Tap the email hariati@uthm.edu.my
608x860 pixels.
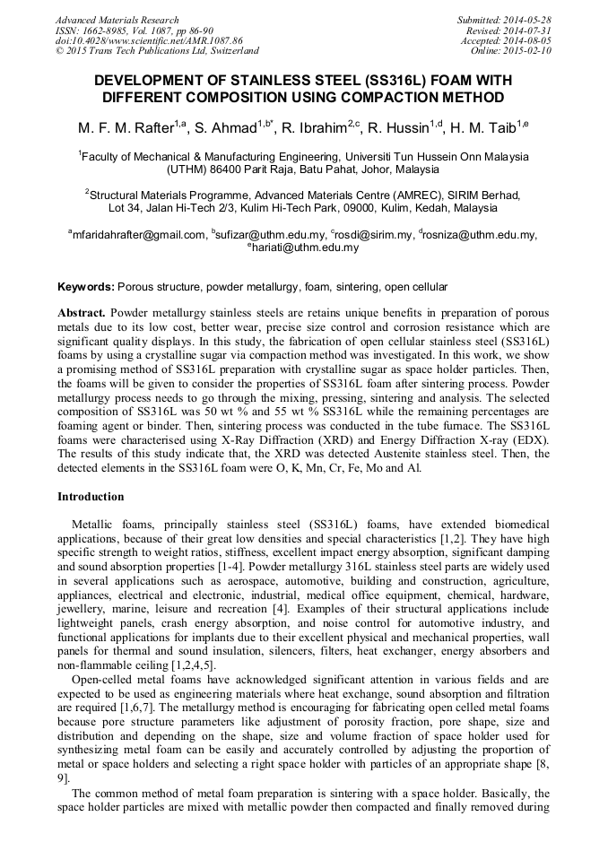tap(304, 248)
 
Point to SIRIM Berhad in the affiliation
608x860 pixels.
tap(485, 194)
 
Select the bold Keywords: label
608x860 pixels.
tap(86, 287)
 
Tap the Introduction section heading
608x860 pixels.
tap(91, 496)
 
